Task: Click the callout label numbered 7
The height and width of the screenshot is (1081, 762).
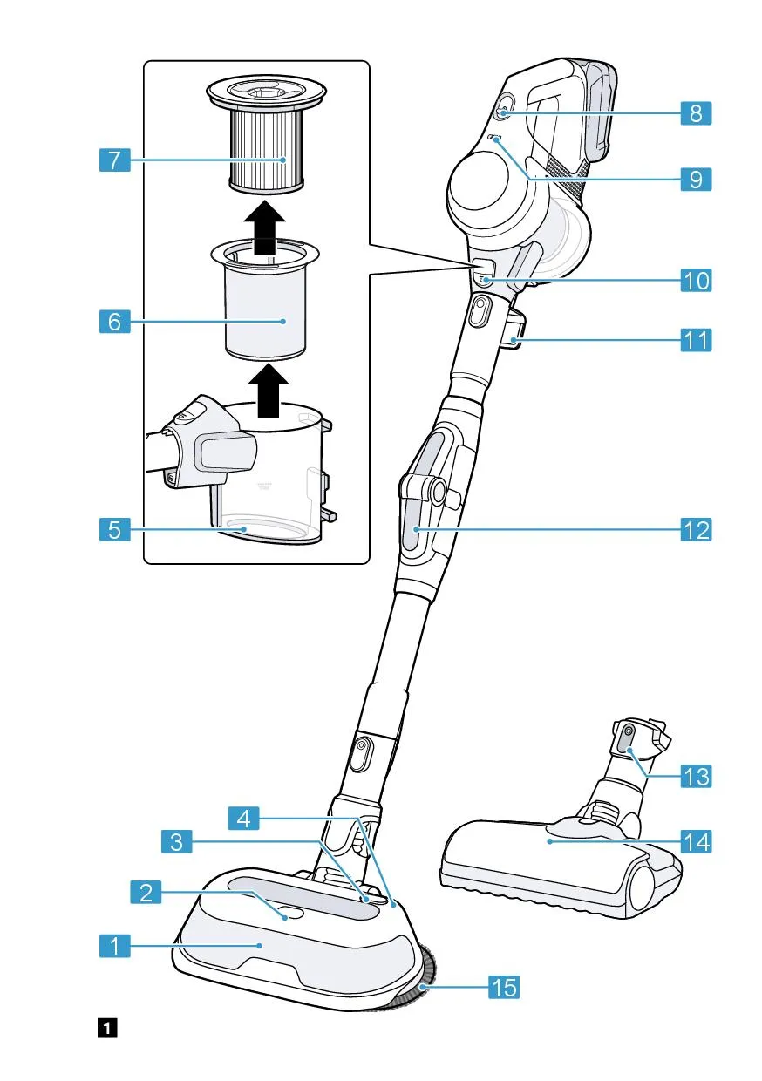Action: [115, 160]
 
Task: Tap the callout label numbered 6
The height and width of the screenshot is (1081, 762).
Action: [115, 322]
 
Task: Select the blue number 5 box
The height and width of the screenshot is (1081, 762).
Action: [115, 528]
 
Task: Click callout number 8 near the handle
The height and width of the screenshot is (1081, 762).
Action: [696, 113]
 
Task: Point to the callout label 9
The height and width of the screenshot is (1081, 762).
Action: [696, 180]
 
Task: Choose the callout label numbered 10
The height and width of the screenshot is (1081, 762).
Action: [696, 280]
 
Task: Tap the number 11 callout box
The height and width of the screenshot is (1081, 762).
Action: [696, 339]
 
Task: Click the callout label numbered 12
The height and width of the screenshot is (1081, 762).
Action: [696, 529]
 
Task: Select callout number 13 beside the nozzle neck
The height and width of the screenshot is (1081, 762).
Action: [696, 775]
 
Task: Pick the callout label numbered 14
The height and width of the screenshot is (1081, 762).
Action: [696, 842]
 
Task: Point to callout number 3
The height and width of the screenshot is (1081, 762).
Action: [177, 842]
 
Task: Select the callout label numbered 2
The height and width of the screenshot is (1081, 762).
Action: [146, 892]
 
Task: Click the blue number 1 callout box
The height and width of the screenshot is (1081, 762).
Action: [115, 944]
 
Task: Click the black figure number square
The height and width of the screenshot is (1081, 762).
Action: [107, 1029]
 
